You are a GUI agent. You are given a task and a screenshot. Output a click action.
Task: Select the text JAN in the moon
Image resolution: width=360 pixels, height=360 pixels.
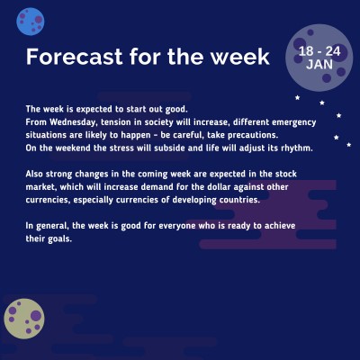pyautogui.click(x=319, y=65)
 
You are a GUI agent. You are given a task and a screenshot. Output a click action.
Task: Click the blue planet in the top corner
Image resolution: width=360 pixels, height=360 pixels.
pyautogui.click(x=31, y=18)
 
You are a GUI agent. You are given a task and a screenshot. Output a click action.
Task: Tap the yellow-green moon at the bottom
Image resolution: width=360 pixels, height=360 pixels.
pyautogui.click(x=25, y=319)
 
